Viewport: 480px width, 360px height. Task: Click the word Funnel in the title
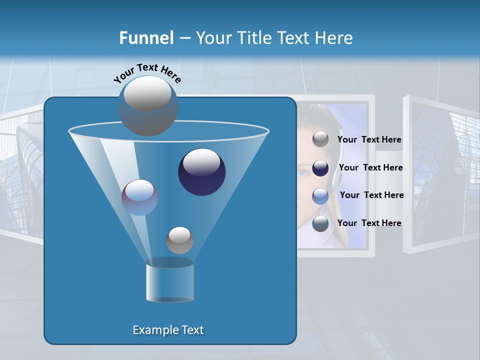[x=146, y=38]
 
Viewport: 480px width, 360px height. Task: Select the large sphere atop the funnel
[x=147, y=105]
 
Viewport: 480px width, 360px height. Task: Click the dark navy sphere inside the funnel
[x=201, y=171]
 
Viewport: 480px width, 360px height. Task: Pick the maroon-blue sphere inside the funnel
[x=139, y=197]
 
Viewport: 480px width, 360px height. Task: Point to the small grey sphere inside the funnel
[x=179, y=240]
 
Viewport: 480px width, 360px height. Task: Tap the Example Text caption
[x=168, y=330]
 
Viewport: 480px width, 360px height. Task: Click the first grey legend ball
[x=320, y=139]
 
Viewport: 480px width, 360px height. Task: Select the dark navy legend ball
[x=320, y=168]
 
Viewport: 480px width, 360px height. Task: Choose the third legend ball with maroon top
[x=320, y=196]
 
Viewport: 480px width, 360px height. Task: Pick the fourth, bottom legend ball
[x=320, y=223]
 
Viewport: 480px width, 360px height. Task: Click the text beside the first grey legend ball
[x=369, y=140]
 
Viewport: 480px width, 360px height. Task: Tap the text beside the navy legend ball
[x=370, y=168]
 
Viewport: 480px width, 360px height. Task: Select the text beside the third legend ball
[x=371, y=195]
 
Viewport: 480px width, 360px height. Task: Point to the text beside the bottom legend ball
[x=369, y=223]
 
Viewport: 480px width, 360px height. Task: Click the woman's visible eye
[x=303, y=174]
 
